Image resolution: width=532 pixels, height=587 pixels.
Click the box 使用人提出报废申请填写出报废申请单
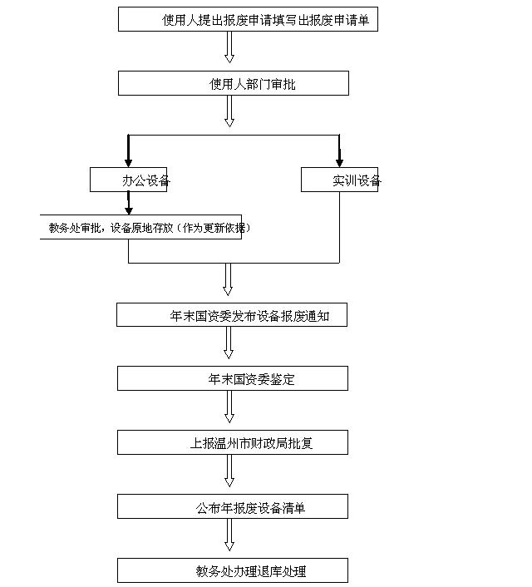coord(248,20)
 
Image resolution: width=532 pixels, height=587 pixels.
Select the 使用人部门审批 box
coord(233,83)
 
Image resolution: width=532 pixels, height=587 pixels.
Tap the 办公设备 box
coord(129,180)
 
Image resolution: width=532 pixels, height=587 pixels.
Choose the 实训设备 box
coord(339,180)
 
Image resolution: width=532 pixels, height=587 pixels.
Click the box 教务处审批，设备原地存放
coord(141,228)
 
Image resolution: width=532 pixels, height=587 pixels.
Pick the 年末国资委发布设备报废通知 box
coord(232,315)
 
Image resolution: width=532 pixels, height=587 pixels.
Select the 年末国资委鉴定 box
coord(232,378)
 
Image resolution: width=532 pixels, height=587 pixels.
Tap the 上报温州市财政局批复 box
coord(232,442)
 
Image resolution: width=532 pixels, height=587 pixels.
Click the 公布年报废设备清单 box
coord(232,506)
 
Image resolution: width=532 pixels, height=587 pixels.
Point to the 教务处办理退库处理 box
coord(232,570)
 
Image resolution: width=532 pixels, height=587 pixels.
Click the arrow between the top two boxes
coord(229,48)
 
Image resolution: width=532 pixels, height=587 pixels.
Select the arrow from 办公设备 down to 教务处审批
coord(128,205)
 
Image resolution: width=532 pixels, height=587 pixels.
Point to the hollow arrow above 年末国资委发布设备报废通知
coord(228,280)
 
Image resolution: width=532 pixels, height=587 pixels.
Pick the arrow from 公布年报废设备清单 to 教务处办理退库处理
coord(229,536)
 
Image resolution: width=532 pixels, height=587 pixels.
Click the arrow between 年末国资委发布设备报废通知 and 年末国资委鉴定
coord(229,345)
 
